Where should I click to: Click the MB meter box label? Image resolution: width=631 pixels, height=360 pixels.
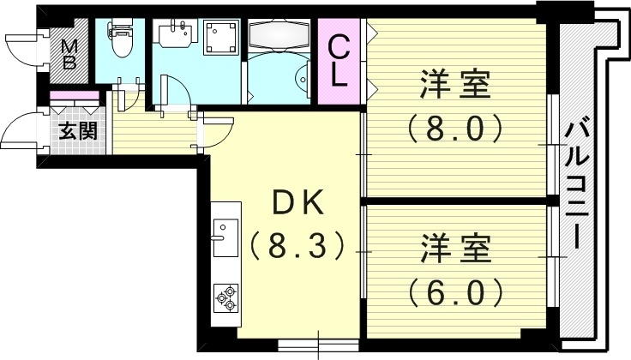coord(69,54)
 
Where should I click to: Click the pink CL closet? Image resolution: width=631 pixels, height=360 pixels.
coord(339,60)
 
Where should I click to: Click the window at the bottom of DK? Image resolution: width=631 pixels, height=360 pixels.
coord(317,345)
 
